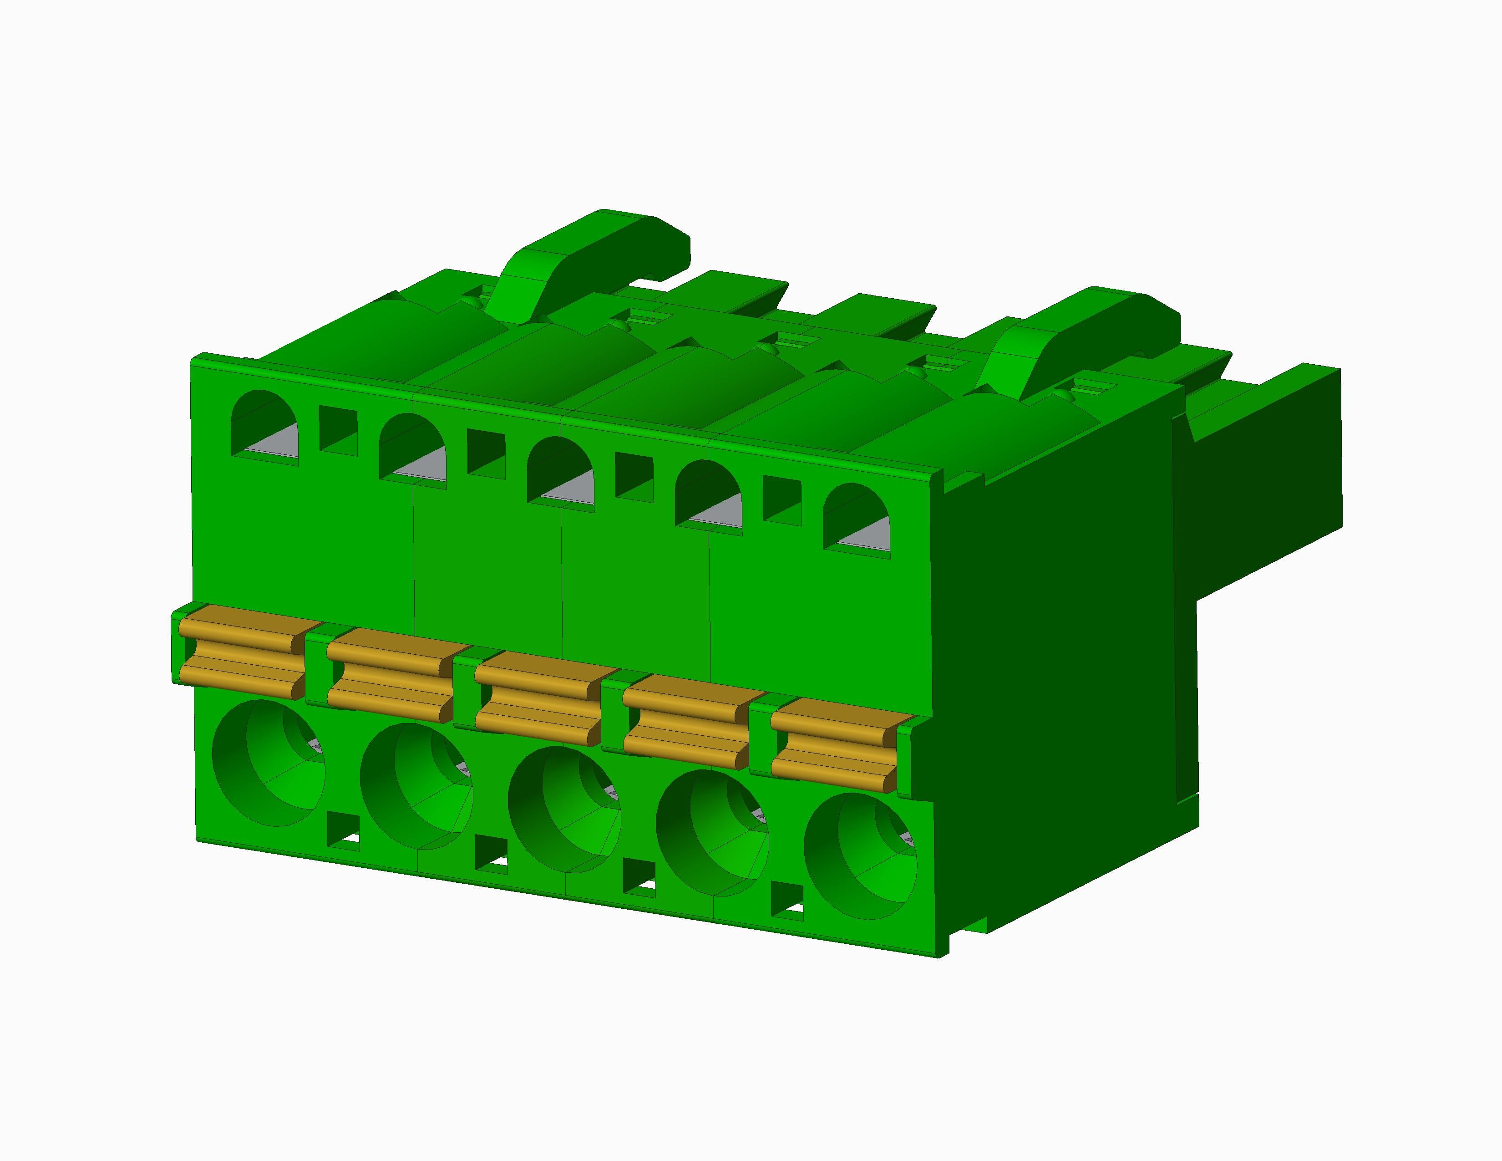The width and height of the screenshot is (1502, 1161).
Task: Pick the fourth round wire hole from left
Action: click(712, 833)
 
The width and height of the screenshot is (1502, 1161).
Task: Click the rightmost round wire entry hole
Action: click(860, 856)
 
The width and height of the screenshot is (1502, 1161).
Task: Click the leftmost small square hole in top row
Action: click(338, 430)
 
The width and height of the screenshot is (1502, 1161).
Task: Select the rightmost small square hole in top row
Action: click(782, 501)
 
